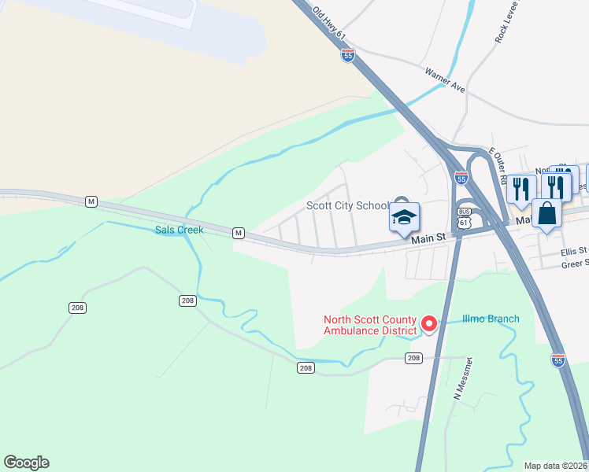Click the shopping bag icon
click(546, 213)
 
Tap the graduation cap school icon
click(404, 217)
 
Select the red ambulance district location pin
click(429, 323)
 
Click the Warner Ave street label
click(445, 80)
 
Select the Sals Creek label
click(179, 230)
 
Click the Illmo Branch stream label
click(491, 319)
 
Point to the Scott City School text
click(347, 206)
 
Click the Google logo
click(26, 463)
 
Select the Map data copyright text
click(555, 466)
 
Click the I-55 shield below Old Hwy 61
click(348, 55)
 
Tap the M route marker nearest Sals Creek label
click(237, 233)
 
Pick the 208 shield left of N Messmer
click(413, 358)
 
